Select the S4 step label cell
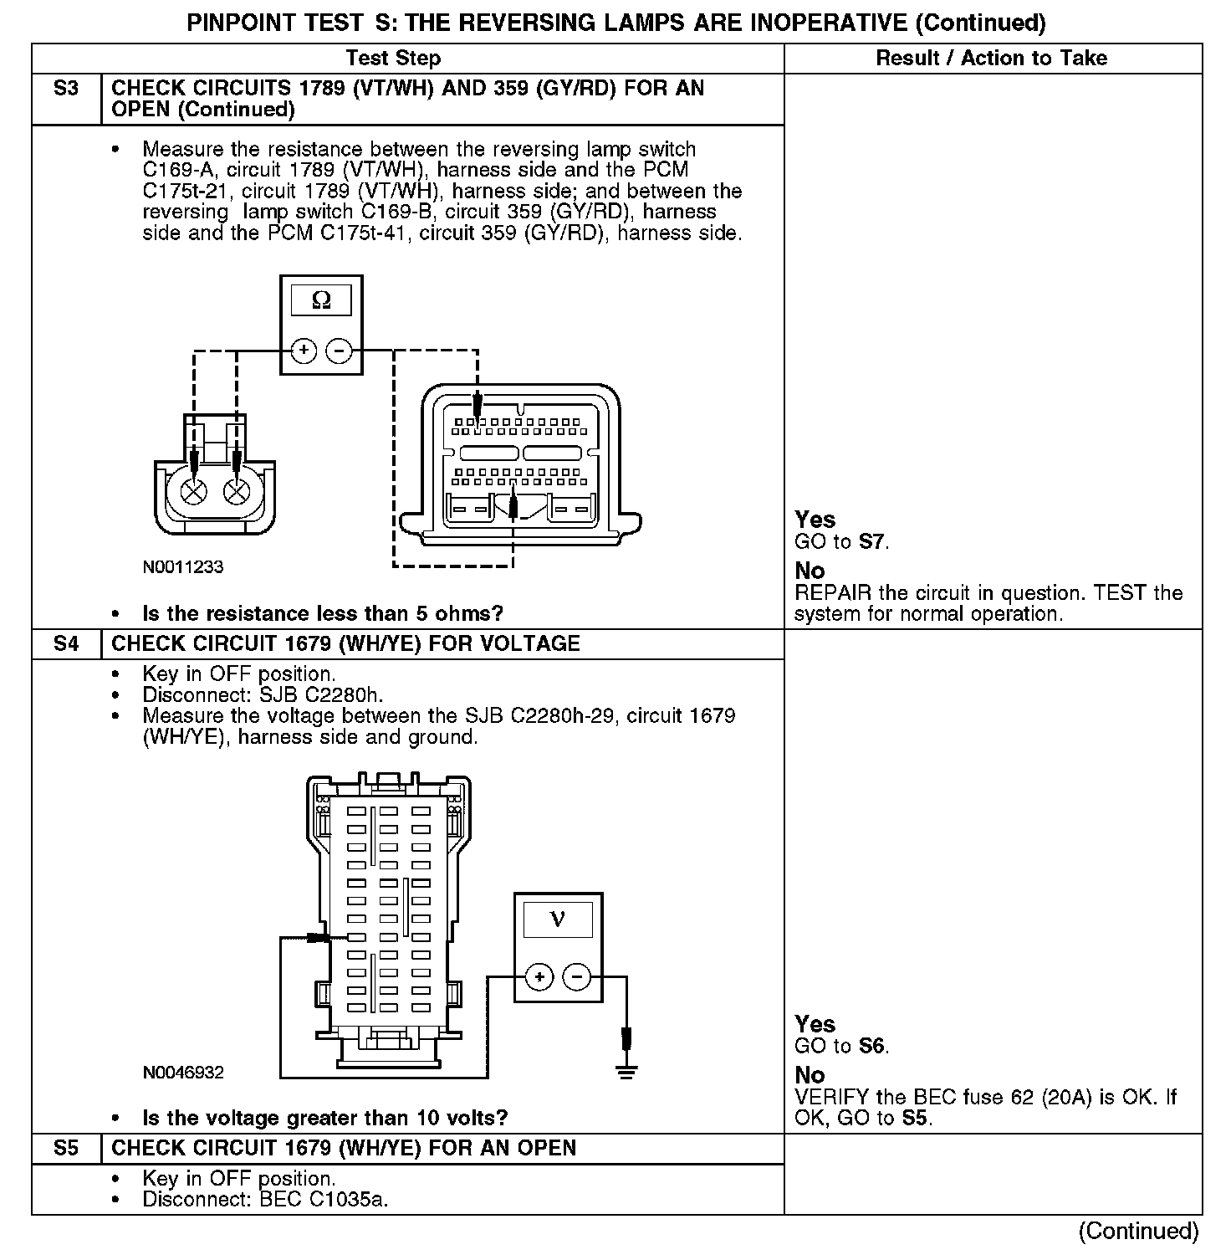point(66,644)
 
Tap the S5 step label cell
point(66,1148)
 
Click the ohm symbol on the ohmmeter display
point(321,300)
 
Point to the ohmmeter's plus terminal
point(304,351)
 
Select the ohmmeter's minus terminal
point(338,351)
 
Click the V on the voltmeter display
point(558,919)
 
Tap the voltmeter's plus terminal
point(540,976)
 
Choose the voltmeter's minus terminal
point(576,976)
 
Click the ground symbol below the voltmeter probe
point(626,1072)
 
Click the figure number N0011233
point(183,567)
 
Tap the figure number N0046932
point(183,1073)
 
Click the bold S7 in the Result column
point(871,542)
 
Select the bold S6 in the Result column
point(871,1047)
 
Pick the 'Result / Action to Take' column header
point(992,59)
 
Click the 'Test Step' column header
point(393,59)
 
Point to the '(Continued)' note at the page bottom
point(1138,1231)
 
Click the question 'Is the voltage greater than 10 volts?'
point(325,1119)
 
